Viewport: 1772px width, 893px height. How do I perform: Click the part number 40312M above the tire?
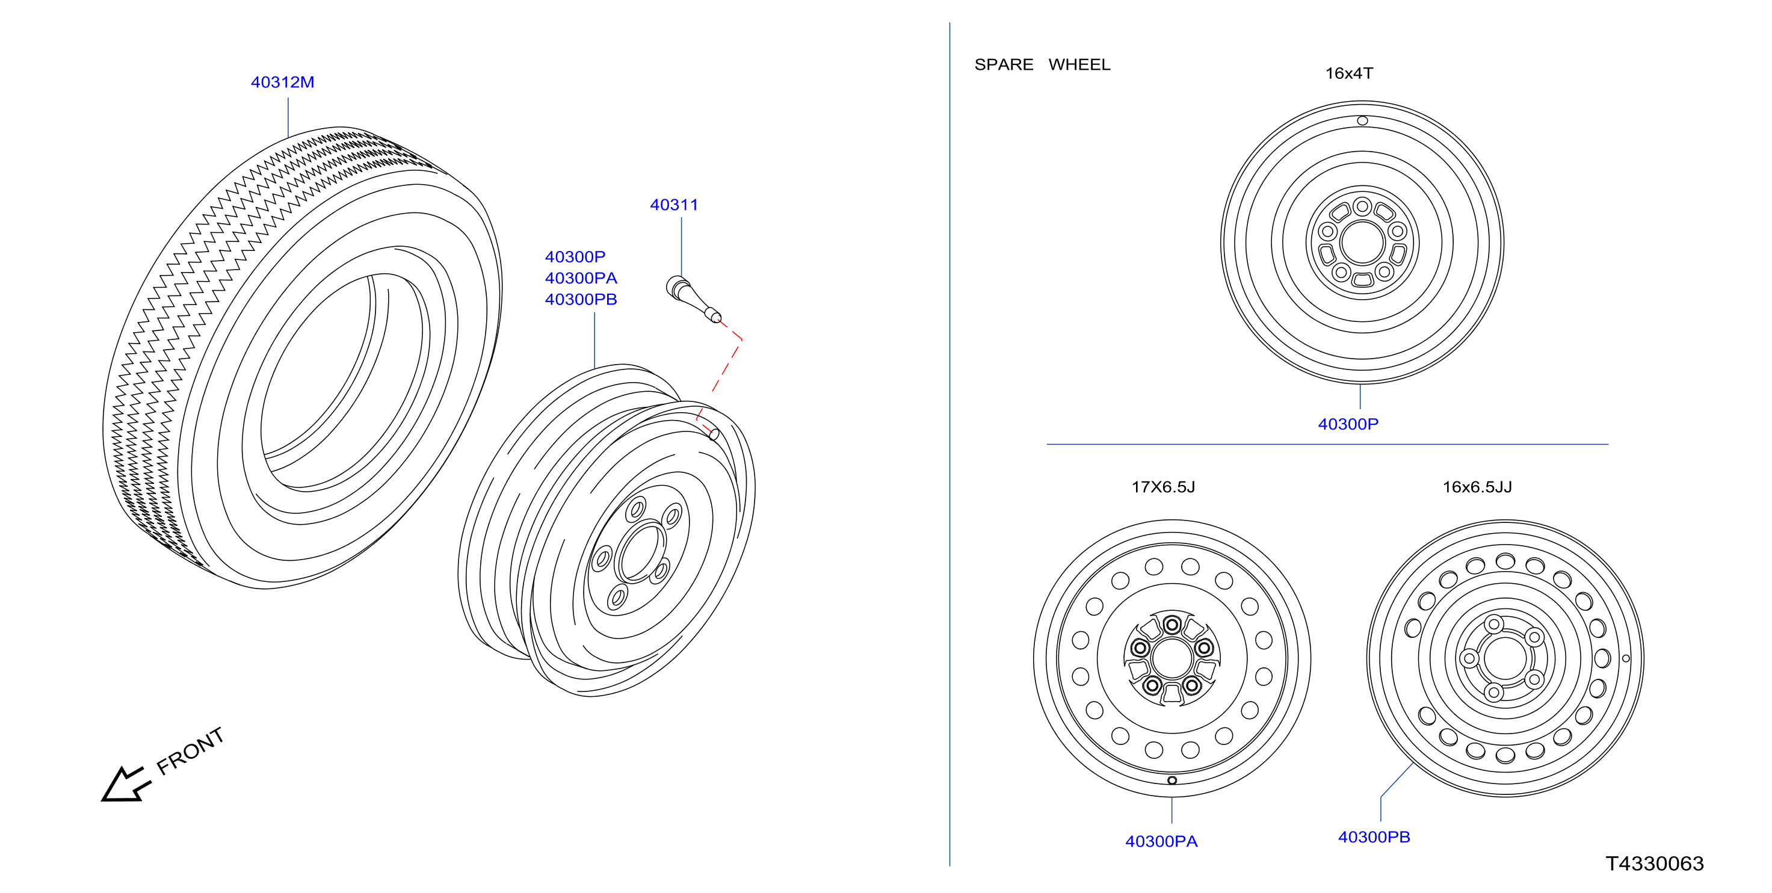pyautogui.click(x=282, y=82)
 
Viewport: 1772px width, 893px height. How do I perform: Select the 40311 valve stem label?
pyautogui.click(x=673, y=205)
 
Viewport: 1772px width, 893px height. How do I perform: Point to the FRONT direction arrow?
pyautogui.click(x=126, y=783)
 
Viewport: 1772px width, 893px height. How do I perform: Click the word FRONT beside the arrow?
pyautogui.click(x=190, y=750)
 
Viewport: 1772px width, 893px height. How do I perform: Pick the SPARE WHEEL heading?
pyautogui.click(x=1042, y=64)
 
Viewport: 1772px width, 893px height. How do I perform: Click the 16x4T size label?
pyautogui.click(x=1349, y=73)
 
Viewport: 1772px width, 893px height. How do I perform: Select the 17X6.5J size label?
pyautogui.click(x=1163, y=487)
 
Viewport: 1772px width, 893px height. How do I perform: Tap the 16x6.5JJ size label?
pyautogui.click(x=1477, y=487)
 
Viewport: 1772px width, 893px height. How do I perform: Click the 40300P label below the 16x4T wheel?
pyautogui.click(x=1348, y=424)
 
